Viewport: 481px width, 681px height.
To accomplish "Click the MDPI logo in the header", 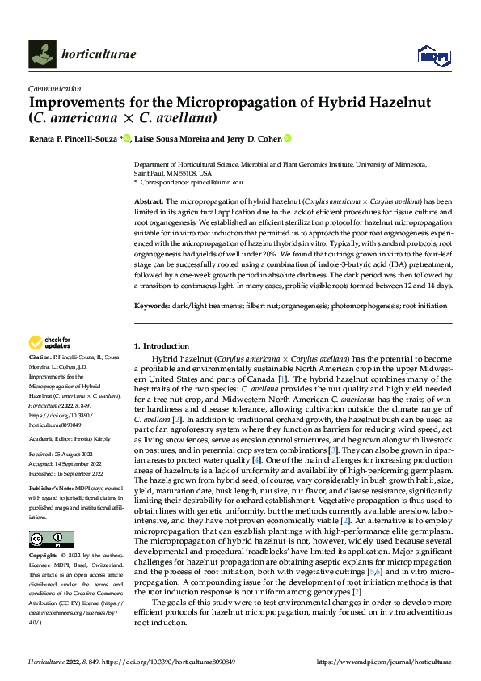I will point(432,54).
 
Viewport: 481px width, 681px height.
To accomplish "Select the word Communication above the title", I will point(54,89).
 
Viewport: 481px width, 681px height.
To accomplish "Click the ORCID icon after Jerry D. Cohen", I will point(288,139).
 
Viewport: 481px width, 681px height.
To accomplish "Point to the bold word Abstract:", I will point(149,200).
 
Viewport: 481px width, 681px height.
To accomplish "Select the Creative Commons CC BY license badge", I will point(51,539).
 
